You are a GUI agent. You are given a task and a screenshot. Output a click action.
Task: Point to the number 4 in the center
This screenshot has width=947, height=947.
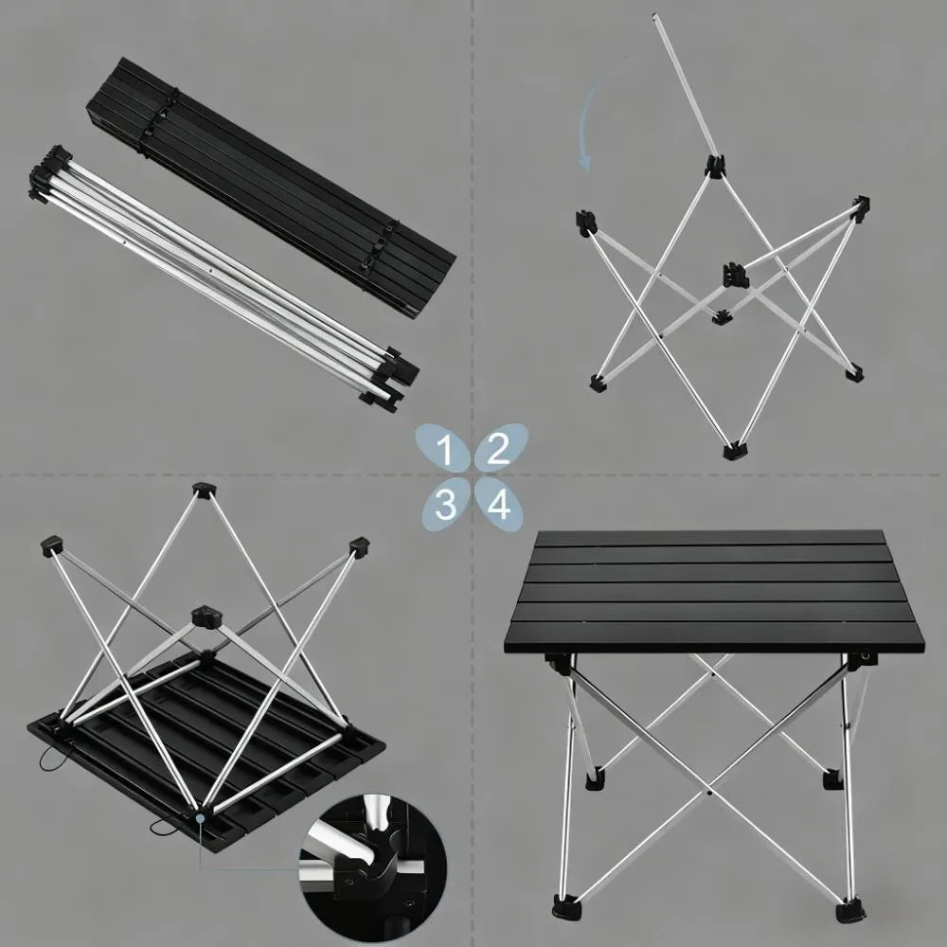499,505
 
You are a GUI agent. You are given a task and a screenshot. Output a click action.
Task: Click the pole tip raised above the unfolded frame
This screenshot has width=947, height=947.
656,18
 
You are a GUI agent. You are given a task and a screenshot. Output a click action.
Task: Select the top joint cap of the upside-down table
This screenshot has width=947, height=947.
203,490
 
